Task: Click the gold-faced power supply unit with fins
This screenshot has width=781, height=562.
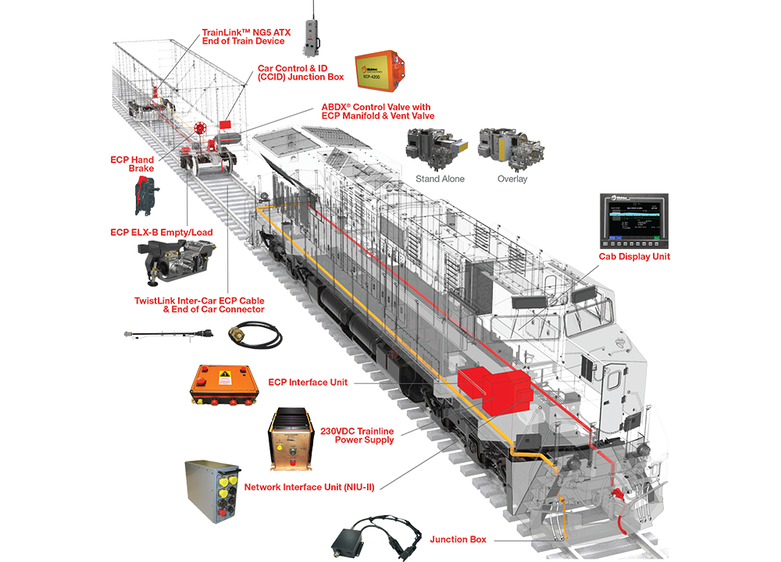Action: (x=290, y=440)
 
